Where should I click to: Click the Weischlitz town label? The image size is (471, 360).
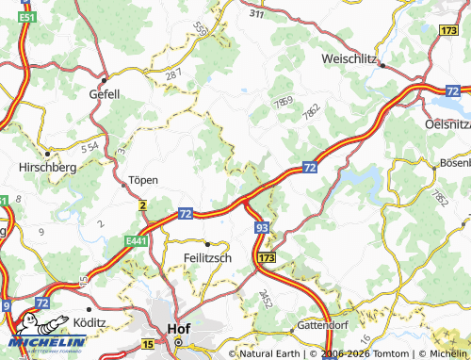(x=348, y=58)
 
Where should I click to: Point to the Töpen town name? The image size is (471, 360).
(x=143, y=179)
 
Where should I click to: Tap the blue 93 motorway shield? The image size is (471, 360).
(x=261, y=228)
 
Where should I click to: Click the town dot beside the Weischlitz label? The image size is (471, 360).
(x=382, y=65)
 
